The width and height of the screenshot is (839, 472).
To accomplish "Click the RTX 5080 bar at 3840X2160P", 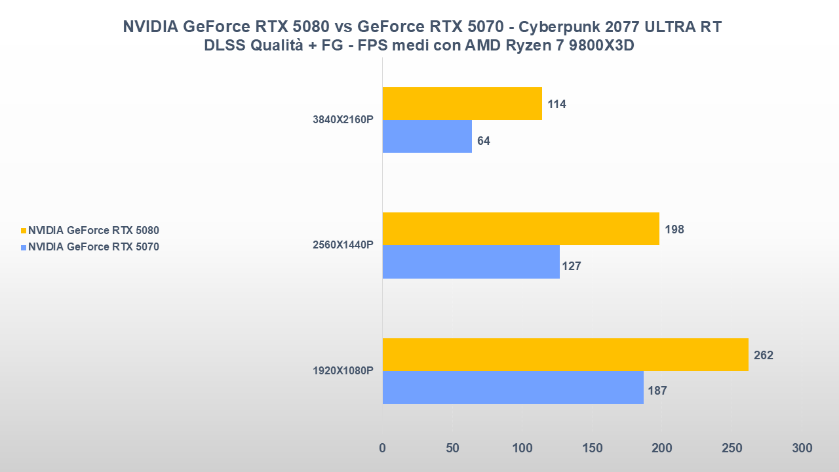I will point(462,104).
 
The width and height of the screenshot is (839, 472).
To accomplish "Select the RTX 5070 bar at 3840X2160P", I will point(427,136).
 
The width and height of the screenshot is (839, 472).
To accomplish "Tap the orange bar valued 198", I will point(520,229).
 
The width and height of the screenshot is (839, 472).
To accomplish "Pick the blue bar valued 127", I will point(471,262).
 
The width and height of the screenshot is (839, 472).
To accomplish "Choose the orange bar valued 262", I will point(565,355).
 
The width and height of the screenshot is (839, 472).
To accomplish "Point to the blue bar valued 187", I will point(513,387).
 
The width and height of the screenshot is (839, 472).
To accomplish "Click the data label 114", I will point(557,104).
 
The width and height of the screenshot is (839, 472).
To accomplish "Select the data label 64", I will point(484,141).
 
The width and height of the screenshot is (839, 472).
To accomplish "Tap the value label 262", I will point(764,355).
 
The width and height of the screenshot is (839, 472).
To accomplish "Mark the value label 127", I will point(571,266).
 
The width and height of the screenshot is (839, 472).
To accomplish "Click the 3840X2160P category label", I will point(343,121).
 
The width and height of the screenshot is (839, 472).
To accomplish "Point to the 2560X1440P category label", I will point(343,245).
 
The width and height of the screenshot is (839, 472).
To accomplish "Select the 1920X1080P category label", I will point(343,371).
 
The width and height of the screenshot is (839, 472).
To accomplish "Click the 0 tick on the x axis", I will point(383,448).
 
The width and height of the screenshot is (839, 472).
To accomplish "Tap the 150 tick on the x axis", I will point(592,448).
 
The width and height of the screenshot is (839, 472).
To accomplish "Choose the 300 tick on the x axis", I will point(802,448).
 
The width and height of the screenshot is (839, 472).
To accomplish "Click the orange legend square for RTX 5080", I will point(24,231).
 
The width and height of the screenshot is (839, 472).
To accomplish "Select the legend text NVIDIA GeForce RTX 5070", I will point(94,247).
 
